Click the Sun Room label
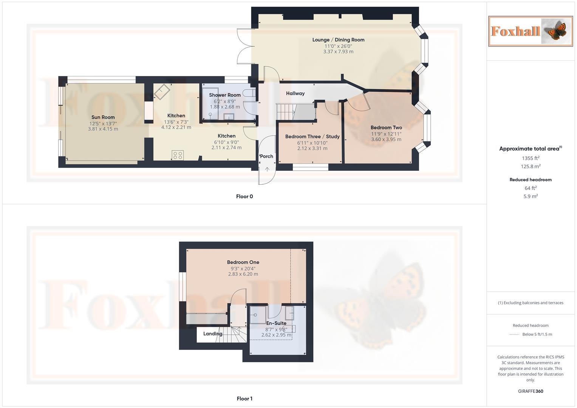point(103,117)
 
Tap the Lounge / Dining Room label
point(338,40)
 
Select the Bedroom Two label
point(386,128)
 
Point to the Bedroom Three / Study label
point(312,136)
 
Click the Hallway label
point(295,93)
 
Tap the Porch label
point(266,156)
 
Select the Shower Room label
point(224,95)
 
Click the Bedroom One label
point(243,262)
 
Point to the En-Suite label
point(276,323)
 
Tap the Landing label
point(212,334)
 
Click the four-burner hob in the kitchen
point(178,155)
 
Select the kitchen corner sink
point(162,91)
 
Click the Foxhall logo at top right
point(530,31)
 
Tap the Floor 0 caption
point(244,196)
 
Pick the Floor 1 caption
point(244,399)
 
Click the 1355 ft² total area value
point(531,158)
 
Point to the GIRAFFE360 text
point(531,391)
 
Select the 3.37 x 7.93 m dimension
point(338,52)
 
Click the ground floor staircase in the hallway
point(286,111)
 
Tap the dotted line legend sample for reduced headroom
point(514,334)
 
